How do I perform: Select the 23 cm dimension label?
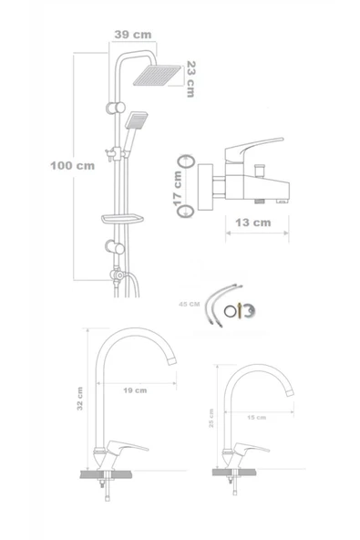[190, 78]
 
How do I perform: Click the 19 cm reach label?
[134, 389]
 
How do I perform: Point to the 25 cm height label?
[213, 423]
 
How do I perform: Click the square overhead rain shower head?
[161, 76]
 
